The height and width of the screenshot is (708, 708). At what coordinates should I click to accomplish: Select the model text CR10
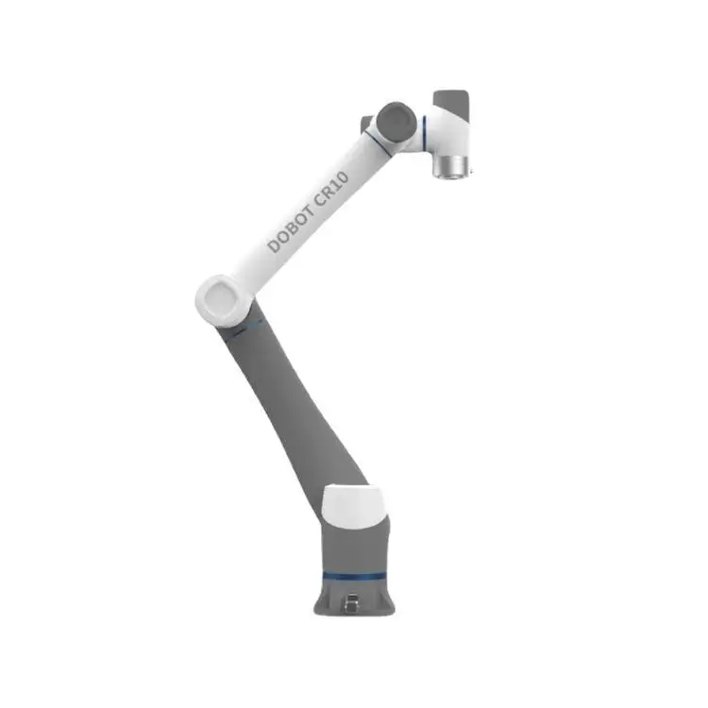(x=333, y=186)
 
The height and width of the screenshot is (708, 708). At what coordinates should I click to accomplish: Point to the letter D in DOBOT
(x=275, y=245)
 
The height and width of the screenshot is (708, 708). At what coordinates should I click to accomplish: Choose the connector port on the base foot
(x=352, y=599)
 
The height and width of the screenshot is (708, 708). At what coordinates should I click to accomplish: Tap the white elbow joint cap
(x=223, y=296)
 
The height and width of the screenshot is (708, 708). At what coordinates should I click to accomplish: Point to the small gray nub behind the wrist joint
(x=365, y=123)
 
